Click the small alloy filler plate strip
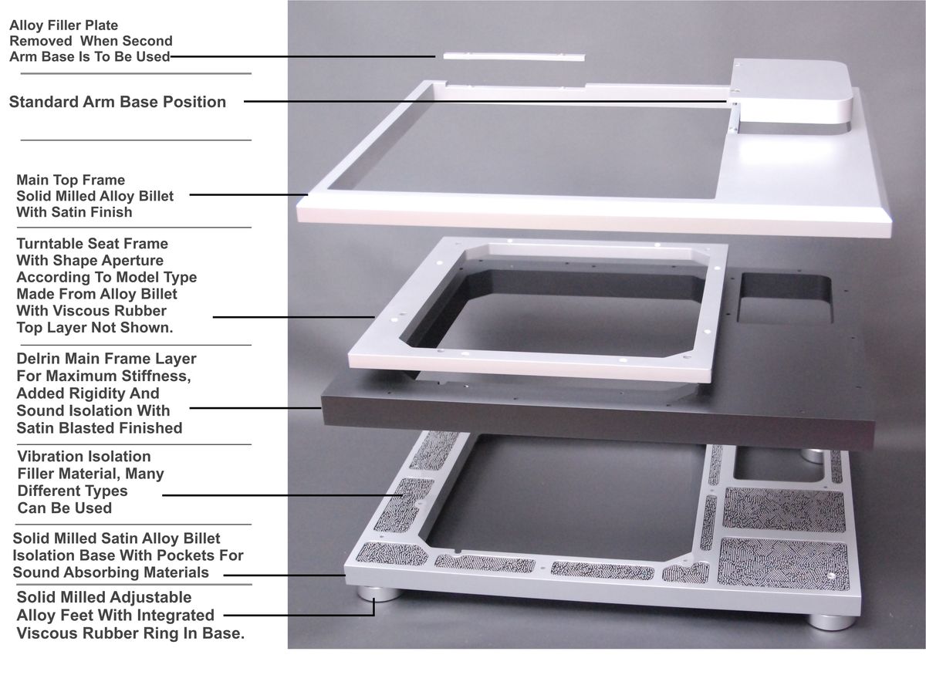pos(514,56)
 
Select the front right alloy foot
pos(832,622)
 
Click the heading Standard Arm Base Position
pos(117,102)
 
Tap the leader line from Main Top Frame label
pos(248,194)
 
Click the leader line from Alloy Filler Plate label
pos(302,56)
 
